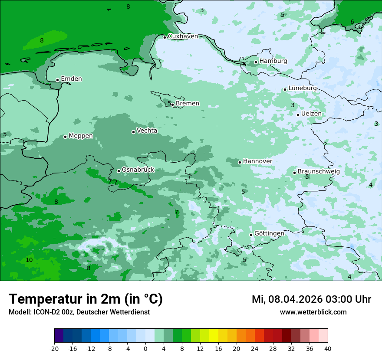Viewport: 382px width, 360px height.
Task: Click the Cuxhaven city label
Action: [183, 36]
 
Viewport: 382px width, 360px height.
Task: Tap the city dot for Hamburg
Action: [256, 62]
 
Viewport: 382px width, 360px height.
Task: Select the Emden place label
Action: [71, 79]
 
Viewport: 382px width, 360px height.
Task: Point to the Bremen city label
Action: [188, 104]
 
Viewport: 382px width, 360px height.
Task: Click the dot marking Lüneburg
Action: [285, 89]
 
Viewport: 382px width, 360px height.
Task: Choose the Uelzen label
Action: [311, 114]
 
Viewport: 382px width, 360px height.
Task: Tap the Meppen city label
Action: [81, 136]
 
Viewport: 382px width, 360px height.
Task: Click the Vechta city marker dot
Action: [134, 132]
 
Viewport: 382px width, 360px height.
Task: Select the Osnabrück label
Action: [138, 170]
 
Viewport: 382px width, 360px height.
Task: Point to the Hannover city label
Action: [257, 161]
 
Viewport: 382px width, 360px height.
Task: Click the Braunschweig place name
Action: [319, 172]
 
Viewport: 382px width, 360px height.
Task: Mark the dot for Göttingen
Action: [251, 235]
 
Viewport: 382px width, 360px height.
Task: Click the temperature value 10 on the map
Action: [29, 260]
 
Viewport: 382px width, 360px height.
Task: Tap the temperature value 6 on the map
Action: [352, 22]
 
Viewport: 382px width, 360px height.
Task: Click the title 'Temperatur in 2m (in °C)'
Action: [86, 299]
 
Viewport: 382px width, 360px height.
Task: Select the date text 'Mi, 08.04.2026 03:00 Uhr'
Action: [311, 299]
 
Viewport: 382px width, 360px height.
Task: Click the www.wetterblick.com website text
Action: [313, 312]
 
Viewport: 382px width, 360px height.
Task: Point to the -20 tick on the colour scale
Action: [54, 349]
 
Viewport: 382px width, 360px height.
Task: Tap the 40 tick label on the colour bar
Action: [328, 349]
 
